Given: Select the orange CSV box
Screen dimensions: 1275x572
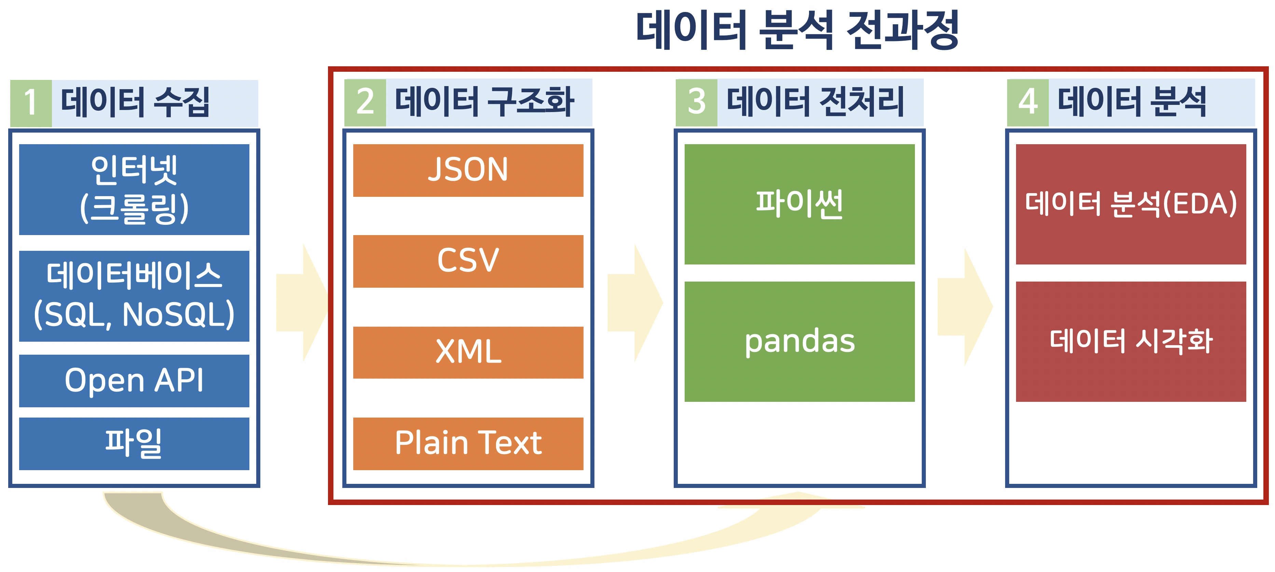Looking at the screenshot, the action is click(x=468, y=261).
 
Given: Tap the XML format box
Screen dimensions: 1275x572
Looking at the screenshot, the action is click(x=468, y=352).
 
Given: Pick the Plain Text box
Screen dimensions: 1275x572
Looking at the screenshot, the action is click(x=468, y=443).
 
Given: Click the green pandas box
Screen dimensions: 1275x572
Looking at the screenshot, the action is click(x=799, y=341).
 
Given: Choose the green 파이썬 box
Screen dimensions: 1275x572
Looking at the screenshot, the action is click(x=799, y=204).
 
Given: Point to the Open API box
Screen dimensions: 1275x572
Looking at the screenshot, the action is click(x=134, y=380).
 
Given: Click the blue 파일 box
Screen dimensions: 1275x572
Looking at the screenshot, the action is click(x=134, y=443).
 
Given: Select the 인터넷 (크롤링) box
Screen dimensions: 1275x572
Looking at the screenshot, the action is click(x=134, y=189).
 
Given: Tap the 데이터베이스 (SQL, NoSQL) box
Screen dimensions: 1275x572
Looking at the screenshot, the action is click(x=134, y=296).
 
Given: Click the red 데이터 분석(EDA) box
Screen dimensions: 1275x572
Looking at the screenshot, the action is click(x=1131, y=204).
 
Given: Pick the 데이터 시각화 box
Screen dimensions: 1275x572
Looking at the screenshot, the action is click(x=1131, y=341).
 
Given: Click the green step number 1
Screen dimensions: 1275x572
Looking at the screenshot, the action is click(x=31, y=103).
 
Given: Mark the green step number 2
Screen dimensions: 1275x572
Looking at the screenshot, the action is click(x=365, y=102).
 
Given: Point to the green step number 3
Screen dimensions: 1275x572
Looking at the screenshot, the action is click(x=696, y=102).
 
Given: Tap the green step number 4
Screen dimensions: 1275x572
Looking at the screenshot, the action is click(x=1028, y=102).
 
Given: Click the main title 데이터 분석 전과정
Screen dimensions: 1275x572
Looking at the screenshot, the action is click(x=797, y=30).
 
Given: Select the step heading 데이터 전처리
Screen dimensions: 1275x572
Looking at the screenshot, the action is click(x=815, y=101).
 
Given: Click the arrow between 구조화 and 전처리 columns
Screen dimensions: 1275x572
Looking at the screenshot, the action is click(x=635, y=303).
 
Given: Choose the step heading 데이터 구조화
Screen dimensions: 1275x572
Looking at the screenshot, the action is click(x=484, y=101).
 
